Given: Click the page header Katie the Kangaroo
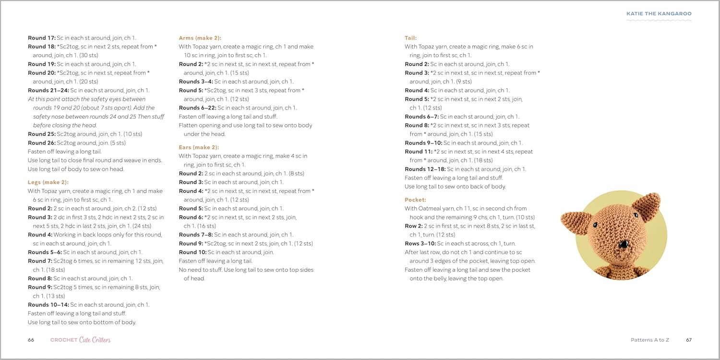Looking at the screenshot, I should pos(659,14).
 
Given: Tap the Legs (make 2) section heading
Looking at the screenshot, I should pos(48,182).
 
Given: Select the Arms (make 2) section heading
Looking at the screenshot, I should pos(200,38).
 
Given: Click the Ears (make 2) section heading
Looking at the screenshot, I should pos(199,147).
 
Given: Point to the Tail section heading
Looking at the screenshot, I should pos(410,38).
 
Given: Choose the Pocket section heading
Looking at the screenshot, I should pos(415,200).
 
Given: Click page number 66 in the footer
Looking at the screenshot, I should pos(31,340).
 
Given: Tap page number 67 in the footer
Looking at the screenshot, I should pos(688,340).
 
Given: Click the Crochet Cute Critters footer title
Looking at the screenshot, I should pos(81,340).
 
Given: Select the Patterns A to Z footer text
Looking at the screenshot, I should pos(649,340).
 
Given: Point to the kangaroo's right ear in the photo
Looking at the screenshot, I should pos(647,204).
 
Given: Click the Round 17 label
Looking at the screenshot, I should pos(41,38).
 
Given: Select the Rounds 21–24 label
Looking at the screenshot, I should pos(48,90).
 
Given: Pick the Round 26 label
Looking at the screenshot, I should pos(41,143).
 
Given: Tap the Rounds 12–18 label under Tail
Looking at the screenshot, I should pos(425,169).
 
